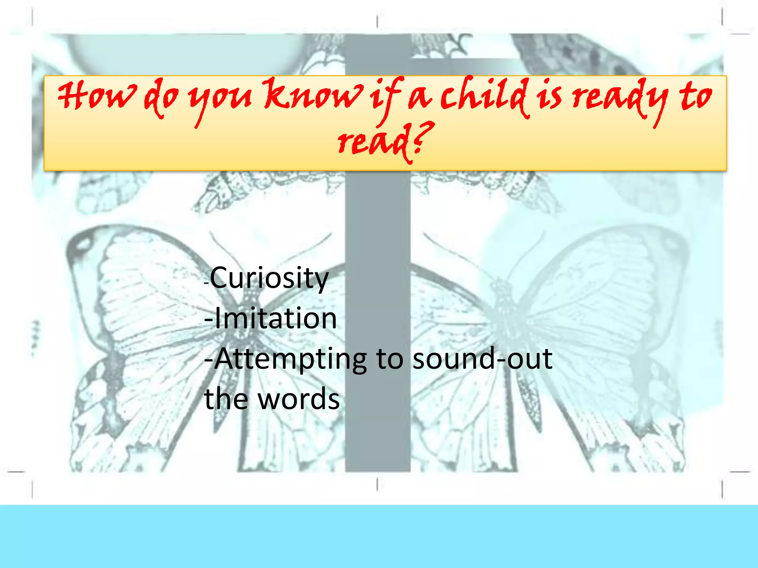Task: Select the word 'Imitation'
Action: (275, 318)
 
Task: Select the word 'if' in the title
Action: (385, 97)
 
